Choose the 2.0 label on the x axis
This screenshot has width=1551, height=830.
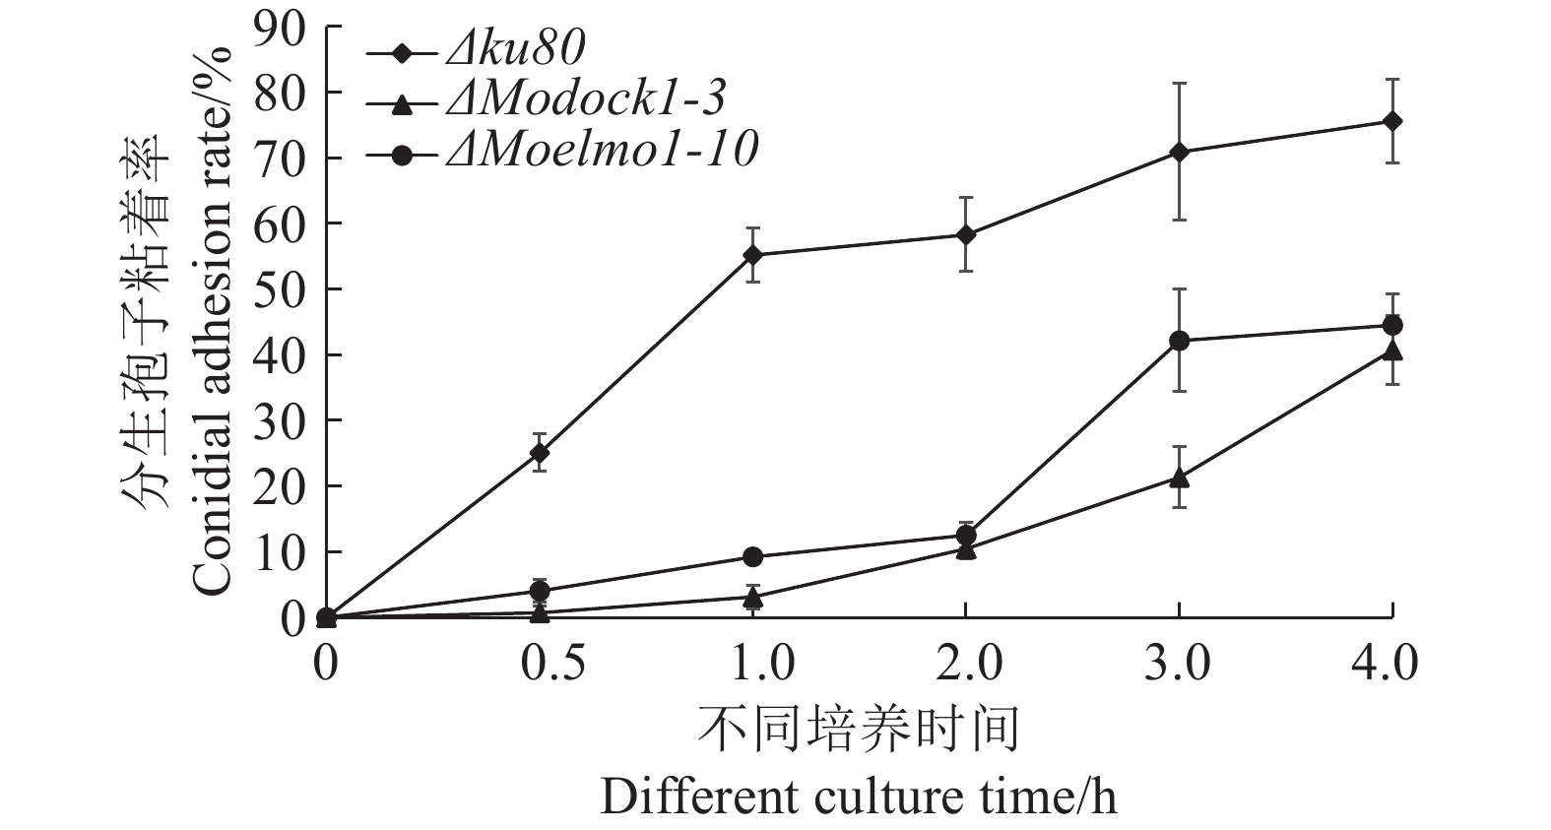(x=965, y=663)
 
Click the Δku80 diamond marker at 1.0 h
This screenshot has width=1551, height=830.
(x=753, y=255)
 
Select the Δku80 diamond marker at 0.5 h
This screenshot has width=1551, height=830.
(x=540, y=453)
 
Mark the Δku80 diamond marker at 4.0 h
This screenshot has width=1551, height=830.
(x=1392, y=121)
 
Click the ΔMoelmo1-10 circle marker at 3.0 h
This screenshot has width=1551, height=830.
(x=1179, y=341)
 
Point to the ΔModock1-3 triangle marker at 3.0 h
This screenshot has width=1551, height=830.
(x=1179, y=478)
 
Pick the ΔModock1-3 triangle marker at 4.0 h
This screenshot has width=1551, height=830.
(x=1392, y=351)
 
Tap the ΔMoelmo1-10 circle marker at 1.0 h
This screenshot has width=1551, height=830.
(x=753, y=556)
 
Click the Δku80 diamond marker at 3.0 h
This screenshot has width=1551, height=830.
(x=1179, y=152)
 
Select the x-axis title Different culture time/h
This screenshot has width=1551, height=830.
(x=859, y=796)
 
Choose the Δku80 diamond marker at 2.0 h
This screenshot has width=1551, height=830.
(x=966, y=234)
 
